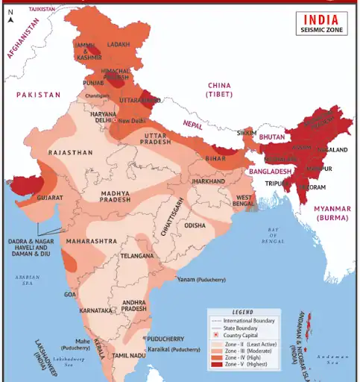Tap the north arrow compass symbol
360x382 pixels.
(x=10, y=17)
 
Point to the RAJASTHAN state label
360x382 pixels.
(x=71, y=152)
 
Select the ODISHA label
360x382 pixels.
(x=195, y=225)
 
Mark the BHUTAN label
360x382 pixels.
(x=272, y=137)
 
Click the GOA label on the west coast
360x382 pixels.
(x=70, y=295)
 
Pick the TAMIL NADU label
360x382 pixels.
(x=127, y=356)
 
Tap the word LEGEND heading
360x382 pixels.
(x=242, y=312)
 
